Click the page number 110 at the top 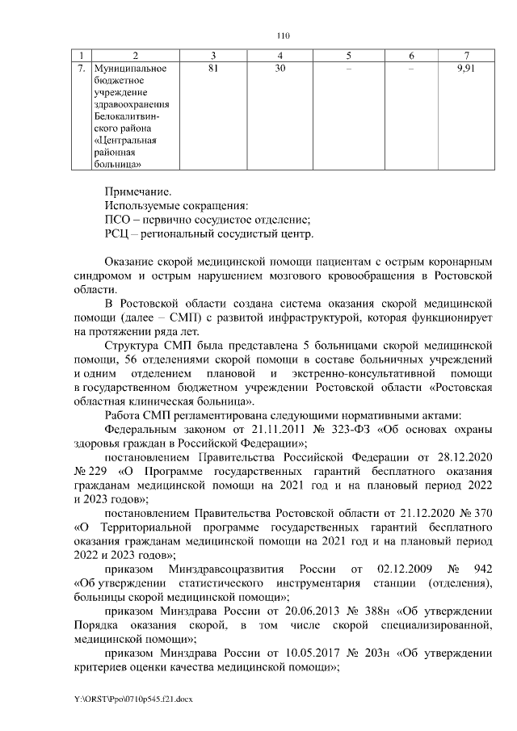[282, 36]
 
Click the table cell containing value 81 [212, 69]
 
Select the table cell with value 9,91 [466, 69]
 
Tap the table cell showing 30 [280, 69]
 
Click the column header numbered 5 [348, 55]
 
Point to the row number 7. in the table [81, 69]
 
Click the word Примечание [138, 191]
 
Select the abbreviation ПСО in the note [118, 220]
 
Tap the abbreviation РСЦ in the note [119, 234]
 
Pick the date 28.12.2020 [462, 457]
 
